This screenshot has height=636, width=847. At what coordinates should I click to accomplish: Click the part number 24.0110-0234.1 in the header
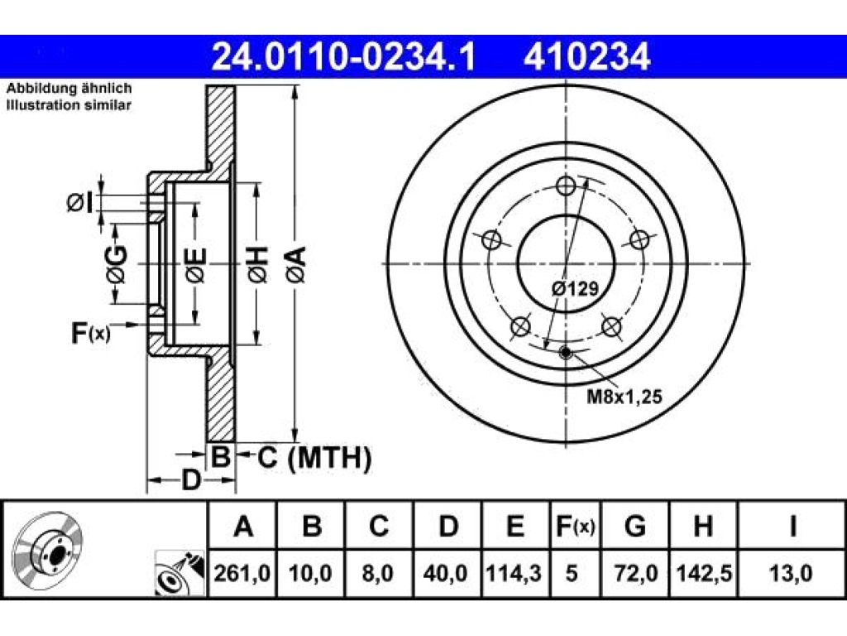(x=343, y=57)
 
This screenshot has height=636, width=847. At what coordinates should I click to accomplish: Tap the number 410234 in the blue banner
(x=586, y=57)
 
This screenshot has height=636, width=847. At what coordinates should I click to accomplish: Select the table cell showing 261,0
(x=242, y=573)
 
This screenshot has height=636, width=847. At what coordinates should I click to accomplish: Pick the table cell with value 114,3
(x=514, y=573)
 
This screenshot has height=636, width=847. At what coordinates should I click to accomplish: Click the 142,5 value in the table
(x=703, y=573)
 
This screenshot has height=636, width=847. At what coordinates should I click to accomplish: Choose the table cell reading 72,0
(x=635, y=573)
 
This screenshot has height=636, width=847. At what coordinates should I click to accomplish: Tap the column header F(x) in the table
(x=575, y=526)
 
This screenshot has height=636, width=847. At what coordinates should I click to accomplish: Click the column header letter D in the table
(x=447, y=526)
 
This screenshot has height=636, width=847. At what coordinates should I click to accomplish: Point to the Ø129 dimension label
(x=576, y=288)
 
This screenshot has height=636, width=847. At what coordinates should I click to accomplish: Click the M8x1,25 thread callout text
(x=624, y=397)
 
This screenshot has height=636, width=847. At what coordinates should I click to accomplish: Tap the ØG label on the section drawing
(x=117, y=264)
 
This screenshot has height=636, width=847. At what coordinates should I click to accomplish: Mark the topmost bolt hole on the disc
(x=566, y=186)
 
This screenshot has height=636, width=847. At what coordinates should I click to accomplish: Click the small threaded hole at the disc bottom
(x=566, y=353)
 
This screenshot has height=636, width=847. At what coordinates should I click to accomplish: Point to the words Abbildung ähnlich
(x=69, y=88)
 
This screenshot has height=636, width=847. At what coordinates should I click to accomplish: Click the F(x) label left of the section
(x=91, y=333)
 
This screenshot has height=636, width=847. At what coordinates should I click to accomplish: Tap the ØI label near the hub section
(x=80, y=203)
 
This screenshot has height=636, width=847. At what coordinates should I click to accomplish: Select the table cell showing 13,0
(x=791, y=573)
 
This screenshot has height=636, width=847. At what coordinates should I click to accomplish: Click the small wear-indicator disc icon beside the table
(x=179, y=573)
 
